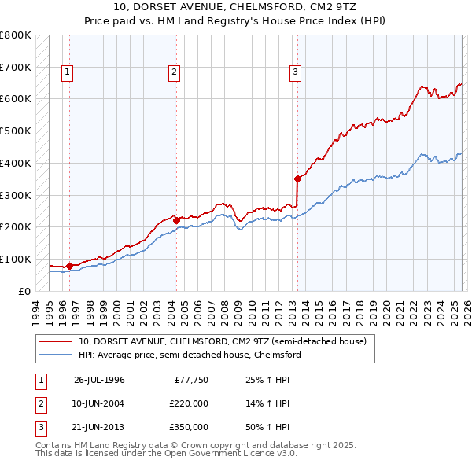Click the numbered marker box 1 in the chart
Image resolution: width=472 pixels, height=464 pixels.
point(68,72)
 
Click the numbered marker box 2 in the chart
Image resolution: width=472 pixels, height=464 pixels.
point(174,72)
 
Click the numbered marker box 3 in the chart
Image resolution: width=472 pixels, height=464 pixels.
point(296,72)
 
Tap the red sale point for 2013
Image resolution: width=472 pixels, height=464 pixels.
point(297,179)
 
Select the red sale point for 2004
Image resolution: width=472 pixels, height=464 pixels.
point(176,220)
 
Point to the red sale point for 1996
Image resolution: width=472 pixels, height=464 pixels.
point(69,266)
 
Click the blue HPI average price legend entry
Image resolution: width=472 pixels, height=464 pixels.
point(189,355)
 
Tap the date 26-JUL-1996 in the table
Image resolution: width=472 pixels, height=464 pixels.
point(99,381)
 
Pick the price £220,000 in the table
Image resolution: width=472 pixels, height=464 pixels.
point(189,403)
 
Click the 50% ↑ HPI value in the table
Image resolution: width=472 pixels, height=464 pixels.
point(270,427)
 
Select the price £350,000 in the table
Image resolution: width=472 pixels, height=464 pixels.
point(189,427)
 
